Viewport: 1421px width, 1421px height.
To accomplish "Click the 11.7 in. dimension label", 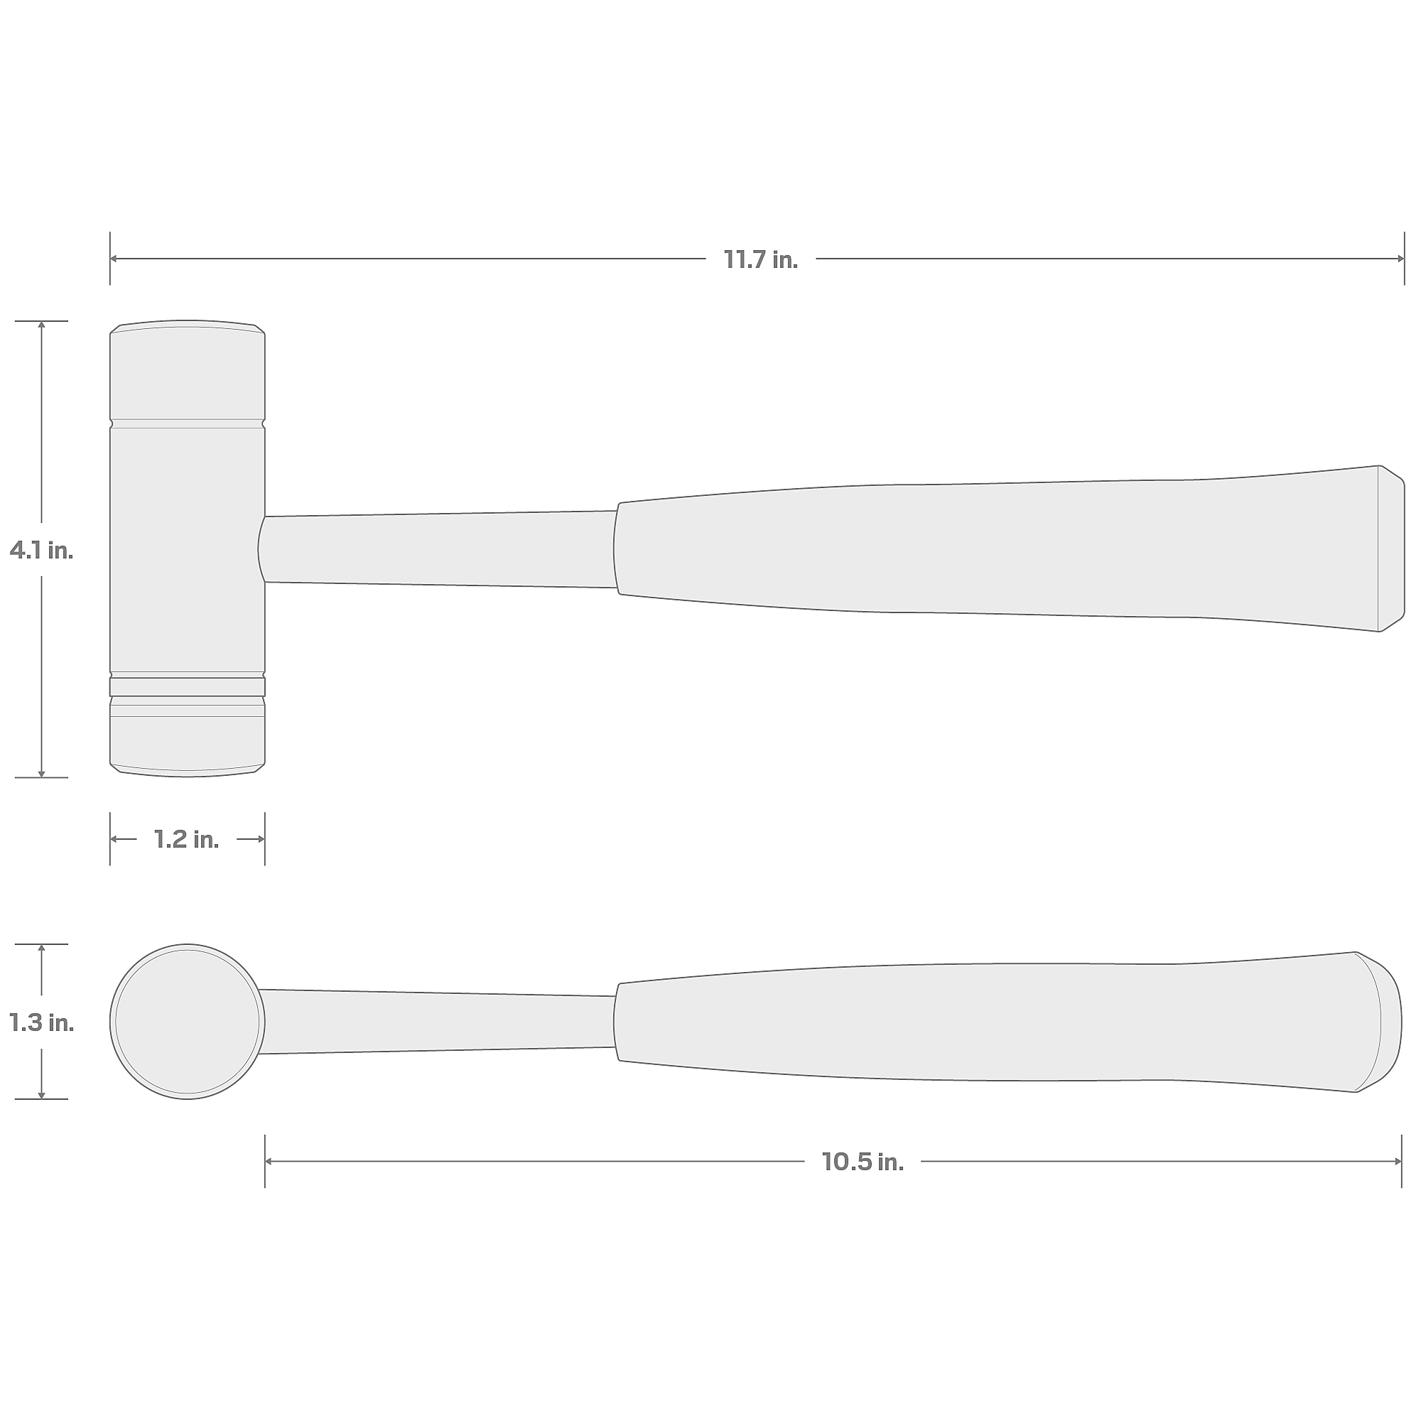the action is tap(760, 259).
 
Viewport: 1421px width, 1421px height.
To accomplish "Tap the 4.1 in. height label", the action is tap(41, 550).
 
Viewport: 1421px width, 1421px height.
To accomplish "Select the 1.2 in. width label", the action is tap(187, 839).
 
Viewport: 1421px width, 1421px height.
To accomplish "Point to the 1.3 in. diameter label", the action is tap(41, 1022).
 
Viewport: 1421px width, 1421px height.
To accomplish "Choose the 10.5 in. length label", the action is tap(863, 1162).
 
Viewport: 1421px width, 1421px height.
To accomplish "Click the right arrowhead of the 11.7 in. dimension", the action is tap(1400, 259).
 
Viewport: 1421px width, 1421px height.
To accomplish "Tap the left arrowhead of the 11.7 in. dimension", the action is tap(114, 259).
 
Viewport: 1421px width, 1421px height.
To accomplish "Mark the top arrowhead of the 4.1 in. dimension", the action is tap(41, 326).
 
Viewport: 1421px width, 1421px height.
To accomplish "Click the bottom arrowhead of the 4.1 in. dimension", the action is tap(41, 773).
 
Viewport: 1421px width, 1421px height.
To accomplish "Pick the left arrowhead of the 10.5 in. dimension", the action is tap(269, 1162).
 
